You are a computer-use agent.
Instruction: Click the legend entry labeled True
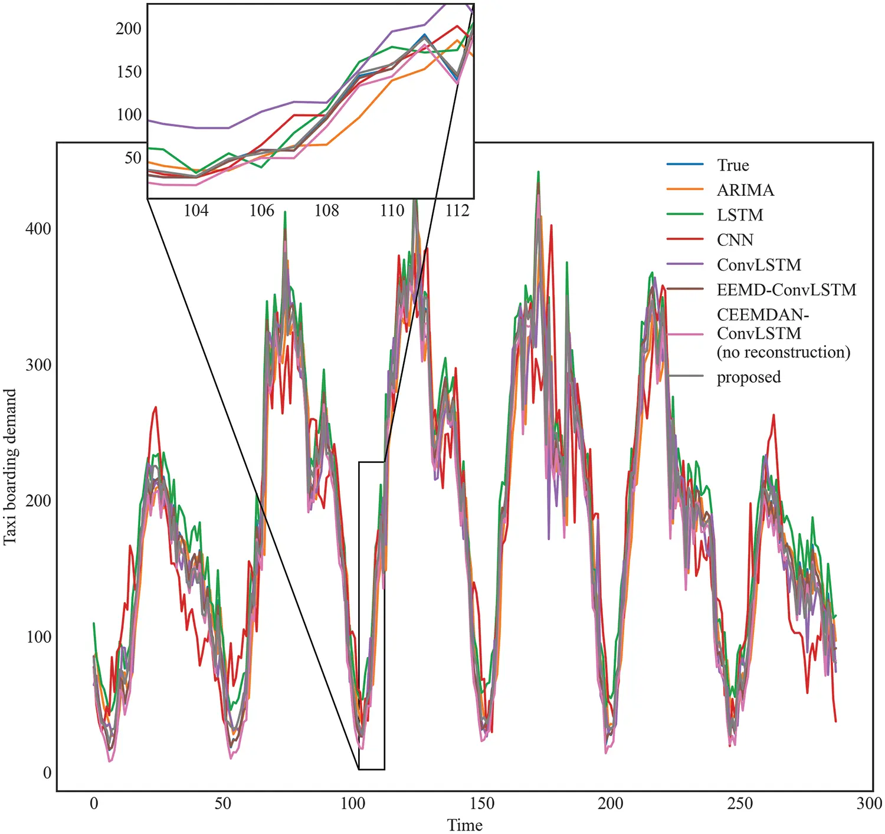coord(733,165)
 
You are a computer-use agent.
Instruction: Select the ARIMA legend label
coord(745,190)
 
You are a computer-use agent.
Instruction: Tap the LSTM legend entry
coord(740,215)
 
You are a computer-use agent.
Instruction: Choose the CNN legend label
coord(735,239)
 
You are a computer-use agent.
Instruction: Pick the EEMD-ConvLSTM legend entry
coord(786,290)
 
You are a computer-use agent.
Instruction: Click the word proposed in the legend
coord(749,377)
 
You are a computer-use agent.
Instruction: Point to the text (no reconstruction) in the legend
coord(784,352)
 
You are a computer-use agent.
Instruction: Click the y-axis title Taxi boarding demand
coord(10,467)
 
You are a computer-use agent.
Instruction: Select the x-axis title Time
coord(465,825)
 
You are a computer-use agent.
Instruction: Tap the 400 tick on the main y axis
coord(38,229)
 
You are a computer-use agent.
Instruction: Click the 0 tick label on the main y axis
coord(47,773)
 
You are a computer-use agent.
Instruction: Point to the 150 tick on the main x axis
coord(481,803)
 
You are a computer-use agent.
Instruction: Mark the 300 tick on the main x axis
coord(869,803)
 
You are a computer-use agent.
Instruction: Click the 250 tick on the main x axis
coord(740,803)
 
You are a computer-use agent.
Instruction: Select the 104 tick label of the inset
coord(196,211)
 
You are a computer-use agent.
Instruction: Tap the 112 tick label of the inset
coord(457,211)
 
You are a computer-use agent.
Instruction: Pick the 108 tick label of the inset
coord(326,211)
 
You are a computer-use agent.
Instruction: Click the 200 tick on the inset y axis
coord(129,28)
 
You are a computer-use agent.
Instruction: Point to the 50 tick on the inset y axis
coord(133,158)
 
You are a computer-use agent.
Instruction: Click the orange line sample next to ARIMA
coord(685,190)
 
